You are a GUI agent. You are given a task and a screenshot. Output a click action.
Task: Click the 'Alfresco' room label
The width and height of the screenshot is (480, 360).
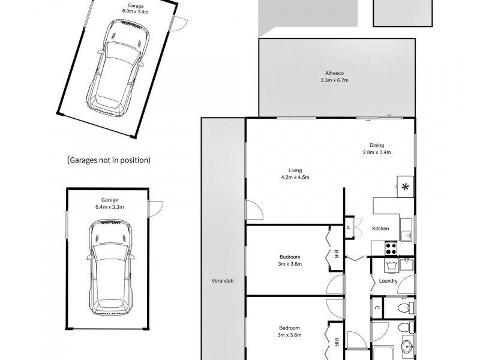pyautogui.click(x=334, y=73)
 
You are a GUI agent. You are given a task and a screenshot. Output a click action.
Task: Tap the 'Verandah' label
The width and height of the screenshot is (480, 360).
pyautogui.click(x=222, y=281)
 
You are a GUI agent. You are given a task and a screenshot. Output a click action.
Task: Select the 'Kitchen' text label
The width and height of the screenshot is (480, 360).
pyautogui.click(x=380, y=229)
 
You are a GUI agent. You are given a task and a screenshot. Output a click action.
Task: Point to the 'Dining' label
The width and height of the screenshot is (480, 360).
pyautogui.click(x=377, y=144)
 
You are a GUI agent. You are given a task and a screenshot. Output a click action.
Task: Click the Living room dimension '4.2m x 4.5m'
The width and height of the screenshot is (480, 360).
pyautogui.click(x=295, y=177)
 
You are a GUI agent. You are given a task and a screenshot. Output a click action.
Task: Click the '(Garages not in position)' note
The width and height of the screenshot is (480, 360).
pyautogui.click(x=109, y=160)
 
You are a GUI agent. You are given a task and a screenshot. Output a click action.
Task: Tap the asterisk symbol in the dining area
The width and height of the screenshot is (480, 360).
pyautogui.click(x=405, y=187)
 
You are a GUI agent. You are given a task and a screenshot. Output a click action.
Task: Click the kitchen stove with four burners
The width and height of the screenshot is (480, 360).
pyautogui.click(x=391, y=247)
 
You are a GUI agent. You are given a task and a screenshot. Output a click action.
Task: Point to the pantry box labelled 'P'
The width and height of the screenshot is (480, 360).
pyautogui.click(x=348, y=228)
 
